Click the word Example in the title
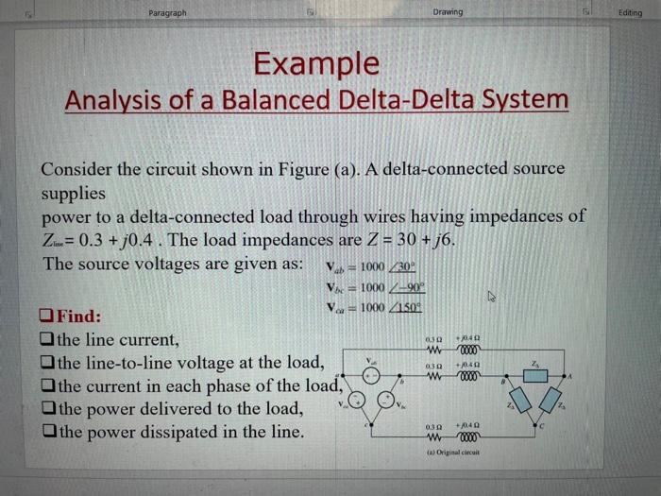coord(316,63)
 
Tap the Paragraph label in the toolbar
coord(167,12)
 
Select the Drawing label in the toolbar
coord(448,12)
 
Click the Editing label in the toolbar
coord(628,12)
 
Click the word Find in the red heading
coord(78,316)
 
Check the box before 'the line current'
coord(47,338)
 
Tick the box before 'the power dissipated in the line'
coord(47,433)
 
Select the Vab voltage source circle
coord(374,375)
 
